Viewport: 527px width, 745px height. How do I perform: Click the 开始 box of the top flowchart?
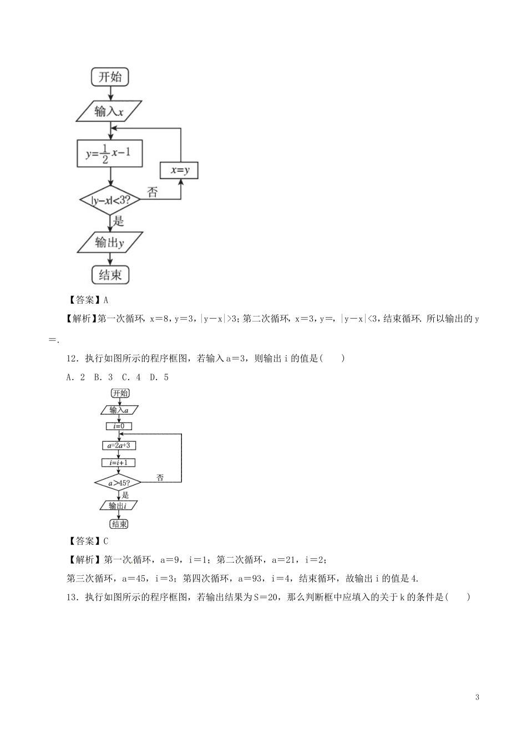(110, 76)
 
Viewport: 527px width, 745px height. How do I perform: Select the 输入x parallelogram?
(109, 111)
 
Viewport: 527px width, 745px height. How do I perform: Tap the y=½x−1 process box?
(109, 152)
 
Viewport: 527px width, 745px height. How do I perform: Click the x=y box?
(179, 171)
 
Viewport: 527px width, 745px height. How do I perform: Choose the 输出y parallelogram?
(109, 242)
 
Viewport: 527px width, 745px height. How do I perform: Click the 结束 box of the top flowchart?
(110, 274)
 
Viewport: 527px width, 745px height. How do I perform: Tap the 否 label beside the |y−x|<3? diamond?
(153, 192)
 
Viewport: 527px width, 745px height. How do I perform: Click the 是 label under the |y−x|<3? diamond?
(118, 221)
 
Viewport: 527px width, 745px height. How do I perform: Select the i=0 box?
(119, 426)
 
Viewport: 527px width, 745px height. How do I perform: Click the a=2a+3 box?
(119, 445)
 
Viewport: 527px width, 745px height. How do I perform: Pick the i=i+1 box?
(119, 462)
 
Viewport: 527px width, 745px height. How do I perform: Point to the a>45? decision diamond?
(118, 482)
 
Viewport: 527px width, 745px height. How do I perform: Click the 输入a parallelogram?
(119, 410)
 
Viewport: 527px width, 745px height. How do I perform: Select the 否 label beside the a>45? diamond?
(160, 477)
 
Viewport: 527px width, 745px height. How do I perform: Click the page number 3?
(477, 697)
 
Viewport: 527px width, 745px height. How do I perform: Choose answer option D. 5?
(159, 377)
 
